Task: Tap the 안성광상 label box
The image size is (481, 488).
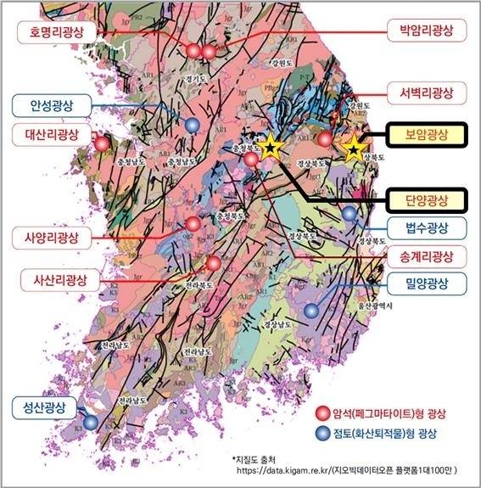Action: [50, 106]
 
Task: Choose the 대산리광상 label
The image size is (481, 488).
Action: [52, 134]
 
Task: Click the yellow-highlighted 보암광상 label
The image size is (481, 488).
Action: [426, 134]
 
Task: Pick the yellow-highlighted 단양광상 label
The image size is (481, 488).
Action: [426, 200]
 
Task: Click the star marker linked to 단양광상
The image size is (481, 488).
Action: [270, 149]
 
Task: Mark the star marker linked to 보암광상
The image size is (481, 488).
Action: [353, 149]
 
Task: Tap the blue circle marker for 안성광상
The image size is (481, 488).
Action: [193, 125]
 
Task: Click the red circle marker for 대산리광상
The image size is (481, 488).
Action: [103, 143]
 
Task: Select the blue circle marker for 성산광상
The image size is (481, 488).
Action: [90, 422]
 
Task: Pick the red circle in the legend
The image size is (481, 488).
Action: [322, 413]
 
